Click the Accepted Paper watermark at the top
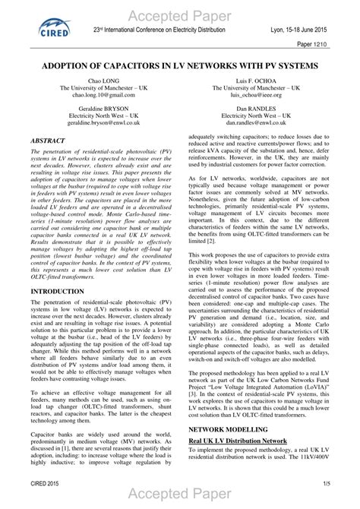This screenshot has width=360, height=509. pyautogui.click(x=179, y=16)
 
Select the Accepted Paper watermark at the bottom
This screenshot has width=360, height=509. pyautogui.click(x=179, y=498)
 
